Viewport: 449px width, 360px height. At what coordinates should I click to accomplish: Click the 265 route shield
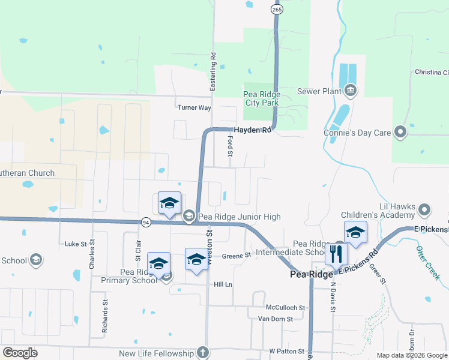pos(277,10)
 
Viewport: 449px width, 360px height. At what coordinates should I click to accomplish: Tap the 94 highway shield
pos(146,222)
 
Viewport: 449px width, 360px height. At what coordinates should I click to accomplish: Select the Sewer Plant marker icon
pos(351,92)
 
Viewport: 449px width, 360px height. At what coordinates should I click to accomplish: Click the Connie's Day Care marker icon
pos(401,133)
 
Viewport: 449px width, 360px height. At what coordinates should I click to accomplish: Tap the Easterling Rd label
pos(212,71)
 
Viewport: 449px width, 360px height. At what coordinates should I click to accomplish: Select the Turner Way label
pos(194,107)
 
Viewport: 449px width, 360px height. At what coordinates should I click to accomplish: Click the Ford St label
pos(230,146)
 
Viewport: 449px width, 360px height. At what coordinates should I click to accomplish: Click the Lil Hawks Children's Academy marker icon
pos(425,210)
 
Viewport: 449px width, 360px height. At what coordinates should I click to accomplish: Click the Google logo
pos(20,353)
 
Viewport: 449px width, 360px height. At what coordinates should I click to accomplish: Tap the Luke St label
pos(76,244)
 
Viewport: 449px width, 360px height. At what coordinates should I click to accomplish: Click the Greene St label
pos(236,256)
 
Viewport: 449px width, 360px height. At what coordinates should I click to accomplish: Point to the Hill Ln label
pos(223,284)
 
